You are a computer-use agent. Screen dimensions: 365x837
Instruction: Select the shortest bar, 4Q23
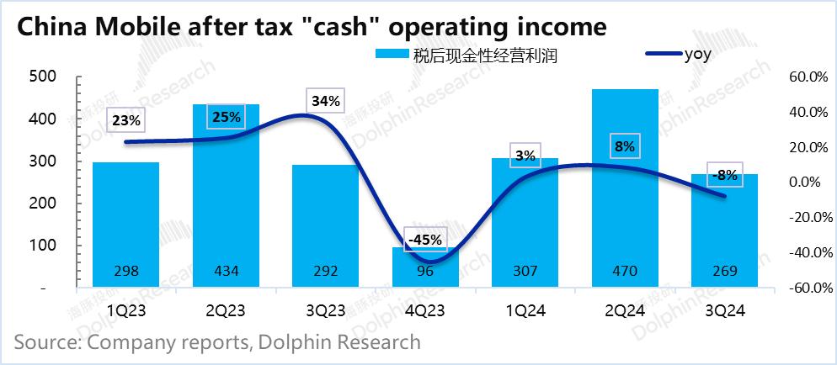click(x=425, y=267)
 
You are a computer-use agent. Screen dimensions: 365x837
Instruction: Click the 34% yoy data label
click(x=325, y=102)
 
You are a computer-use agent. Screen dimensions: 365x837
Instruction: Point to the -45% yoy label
click(x=425, y=241)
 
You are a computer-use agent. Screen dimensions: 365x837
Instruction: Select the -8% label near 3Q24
click(x=725, y=176)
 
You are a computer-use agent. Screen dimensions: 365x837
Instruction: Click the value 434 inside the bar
click(x=226, y=271)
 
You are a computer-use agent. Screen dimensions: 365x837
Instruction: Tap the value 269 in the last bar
click(x=724, y=271)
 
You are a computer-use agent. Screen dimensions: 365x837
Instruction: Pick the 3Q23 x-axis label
click(x=325, y=310)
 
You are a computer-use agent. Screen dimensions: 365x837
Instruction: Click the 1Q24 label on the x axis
click(x=525, y=310)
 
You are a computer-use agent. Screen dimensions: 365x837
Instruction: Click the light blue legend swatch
click(x=392, y=56)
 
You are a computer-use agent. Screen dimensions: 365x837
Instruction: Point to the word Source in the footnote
click(x=45, y=342)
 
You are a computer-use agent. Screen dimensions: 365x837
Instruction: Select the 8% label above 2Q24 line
click(x=624, y=147)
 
